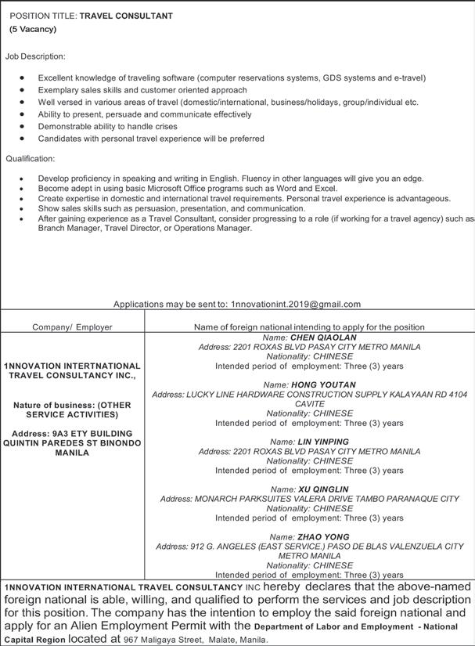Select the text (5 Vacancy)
(33, 29)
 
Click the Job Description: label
(35, 56)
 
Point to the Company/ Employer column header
(72, 327)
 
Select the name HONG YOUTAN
(323, 385)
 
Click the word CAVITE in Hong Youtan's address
(310, 404)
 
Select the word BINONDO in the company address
(115, 443)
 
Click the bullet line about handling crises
(107, 126)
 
